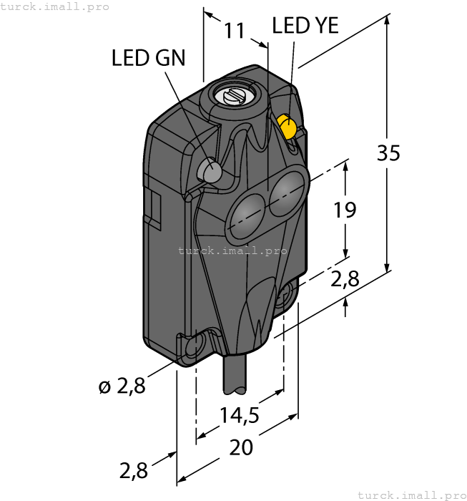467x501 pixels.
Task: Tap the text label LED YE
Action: pos(305,26)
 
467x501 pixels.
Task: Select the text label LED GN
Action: pos(148,58)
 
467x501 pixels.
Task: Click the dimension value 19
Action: pos(345,210)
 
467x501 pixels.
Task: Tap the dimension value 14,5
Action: pos(240,415)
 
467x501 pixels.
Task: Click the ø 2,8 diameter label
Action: pos(122,387)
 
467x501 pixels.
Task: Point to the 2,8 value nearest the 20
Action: pos(134,470)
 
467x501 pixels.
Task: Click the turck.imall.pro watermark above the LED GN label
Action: pos(55,6)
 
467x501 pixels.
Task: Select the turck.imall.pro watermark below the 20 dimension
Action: pos(411,495)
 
